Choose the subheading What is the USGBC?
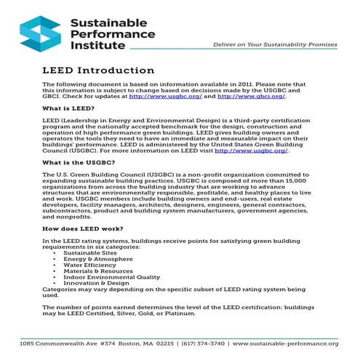tap(82, 162)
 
